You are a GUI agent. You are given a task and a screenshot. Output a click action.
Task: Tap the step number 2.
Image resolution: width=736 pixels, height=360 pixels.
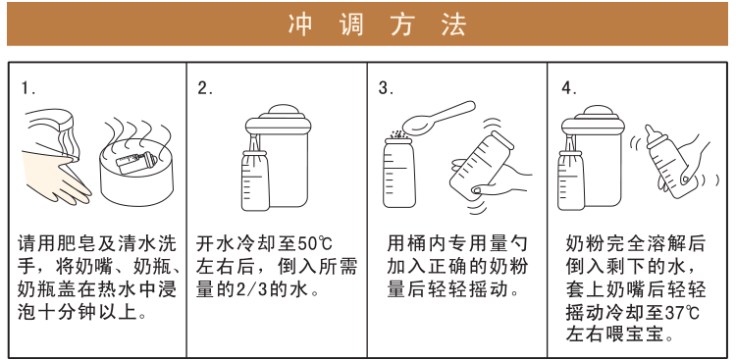[x=205, y=88]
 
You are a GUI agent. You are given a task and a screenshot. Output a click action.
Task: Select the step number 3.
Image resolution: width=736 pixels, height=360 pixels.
[x=386, y=88]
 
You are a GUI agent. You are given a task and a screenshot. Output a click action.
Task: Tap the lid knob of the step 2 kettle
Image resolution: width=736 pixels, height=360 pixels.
[x=288, y=109]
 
